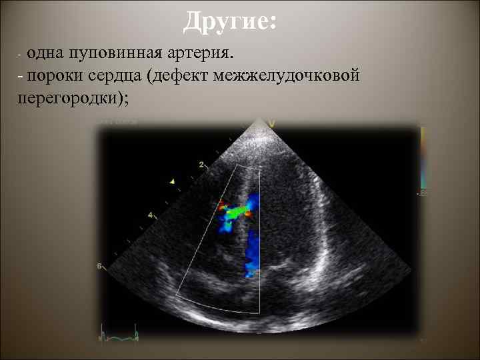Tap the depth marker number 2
[x=201, y=164]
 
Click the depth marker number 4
[x=151, y=215]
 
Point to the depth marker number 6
[x=100, y=266]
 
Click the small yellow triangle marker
[x=172, y=181]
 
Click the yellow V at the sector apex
[x=272, y=123]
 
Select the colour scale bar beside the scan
[x=421, y=160]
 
